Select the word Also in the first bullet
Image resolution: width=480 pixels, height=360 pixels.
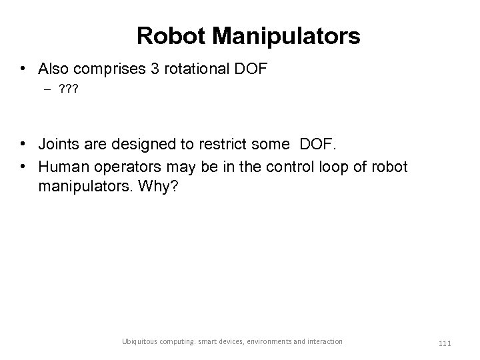point(53,69)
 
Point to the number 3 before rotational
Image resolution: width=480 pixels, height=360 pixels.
point(151,69)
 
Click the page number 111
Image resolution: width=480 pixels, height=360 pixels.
point(446,342)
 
